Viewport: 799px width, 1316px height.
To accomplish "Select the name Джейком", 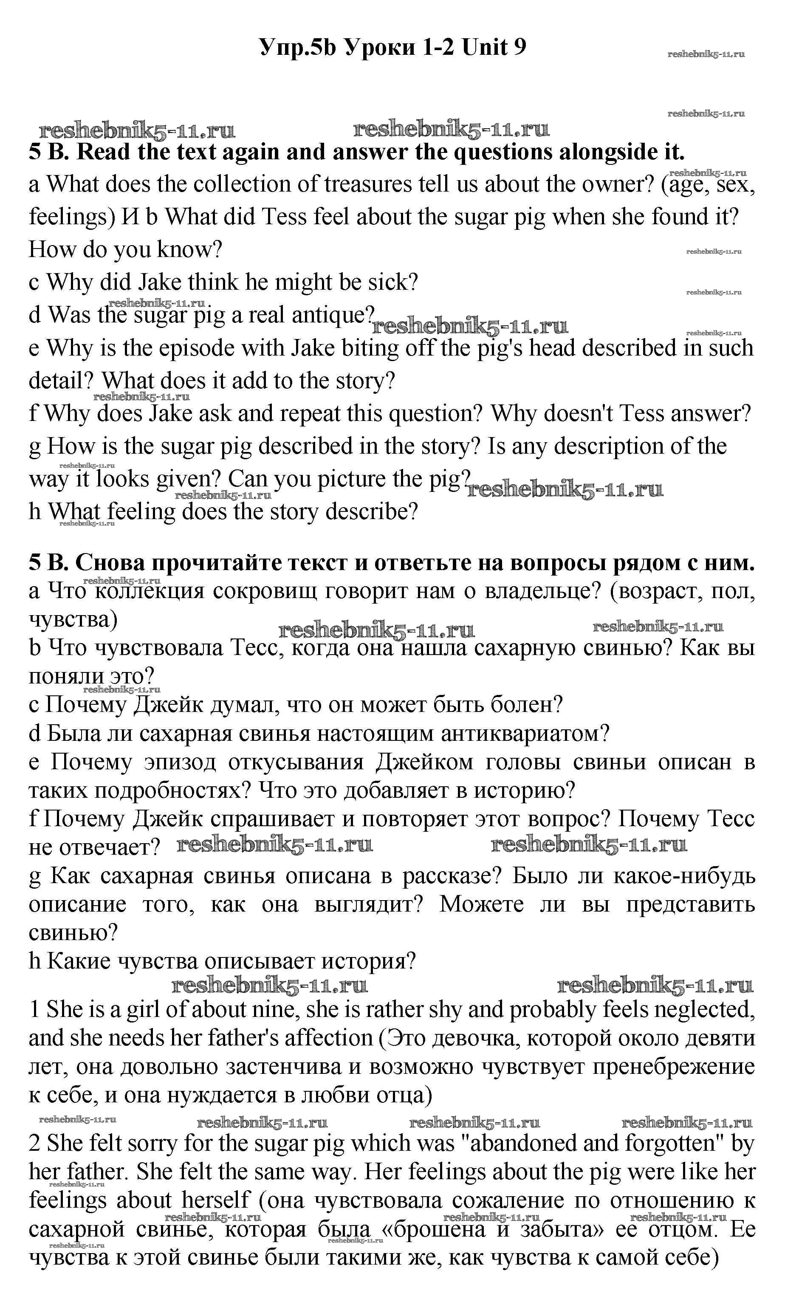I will [x=425, y=762].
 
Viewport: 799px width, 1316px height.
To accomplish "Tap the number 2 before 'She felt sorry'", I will [x=35, y=1144].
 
